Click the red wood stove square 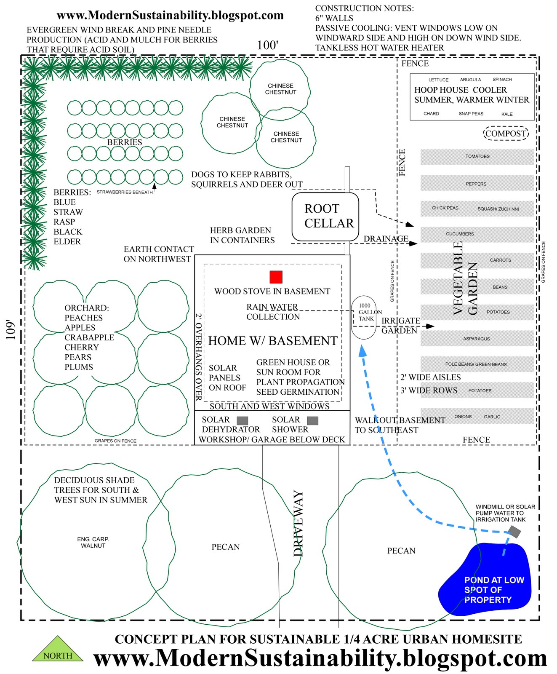tap(276, 277)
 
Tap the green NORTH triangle tap(58, 651)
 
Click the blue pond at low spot tap(484, 581)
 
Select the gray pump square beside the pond tap(514, 532)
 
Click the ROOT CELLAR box tap(325, 217)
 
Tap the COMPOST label tap(505, 134)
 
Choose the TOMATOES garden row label tap(477, 156)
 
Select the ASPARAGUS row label tap(476, 339)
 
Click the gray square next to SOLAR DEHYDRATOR tap(242, 420)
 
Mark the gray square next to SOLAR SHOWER tap(312, 420)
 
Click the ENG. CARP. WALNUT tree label tap(93, 542)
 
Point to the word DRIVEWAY tap(298, 523)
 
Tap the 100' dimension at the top tap(268, 45)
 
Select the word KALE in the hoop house tap(507, 114)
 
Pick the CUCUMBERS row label tap(460, 234)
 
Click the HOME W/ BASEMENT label tap(273, 341)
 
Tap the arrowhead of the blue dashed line tap(362, 350)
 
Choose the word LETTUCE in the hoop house tap(438, 80)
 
